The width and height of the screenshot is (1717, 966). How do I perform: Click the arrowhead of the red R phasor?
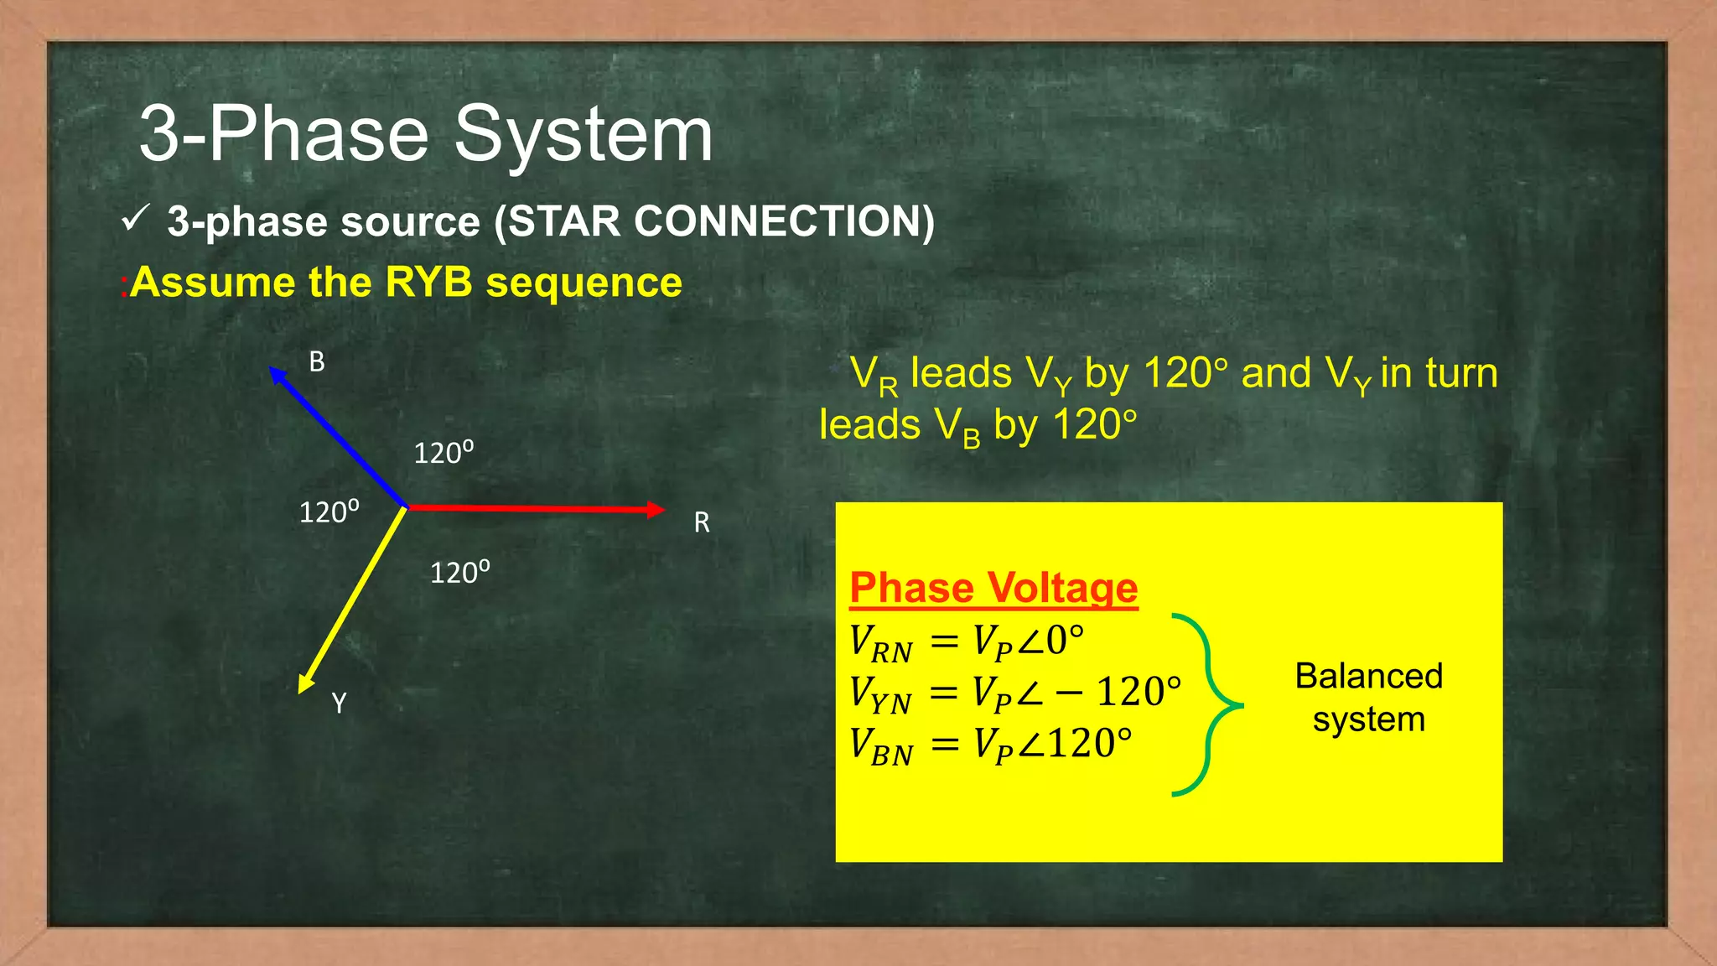[656, 509]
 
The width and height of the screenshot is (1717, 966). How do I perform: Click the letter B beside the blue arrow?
[317, 362]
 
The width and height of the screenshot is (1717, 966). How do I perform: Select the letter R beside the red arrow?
[702, 523]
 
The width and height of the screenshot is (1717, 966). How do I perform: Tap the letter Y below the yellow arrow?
[339, 703]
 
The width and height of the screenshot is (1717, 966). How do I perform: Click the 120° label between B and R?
[444, 453]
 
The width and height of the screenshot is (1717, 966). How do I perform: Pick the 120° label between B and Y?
[329, 512]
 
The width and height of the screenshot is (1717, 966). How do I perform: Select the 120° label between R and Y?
[459, 573]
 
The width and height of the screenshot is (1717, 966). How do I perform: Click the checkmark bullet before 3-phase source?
[135, 219]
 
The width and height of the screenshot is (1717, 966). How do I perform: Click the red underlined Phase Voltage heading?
[993, 588]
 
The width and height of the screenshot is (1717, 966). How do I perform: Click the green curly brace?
[1207, 704]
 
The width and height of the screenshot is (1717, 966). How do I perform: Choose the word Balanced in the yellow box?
[1368, 676]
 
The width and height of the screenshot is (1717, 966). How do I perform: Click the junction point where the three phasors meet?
[407, 507]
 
